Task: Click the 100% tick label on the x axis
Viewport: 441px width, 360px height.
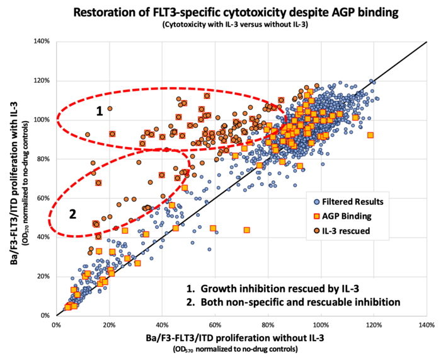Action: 321,325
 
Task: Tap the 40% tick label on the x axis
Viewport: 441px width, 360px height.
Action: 162,325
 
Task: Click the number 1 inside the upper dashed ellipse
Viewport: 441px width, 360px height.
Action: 99,112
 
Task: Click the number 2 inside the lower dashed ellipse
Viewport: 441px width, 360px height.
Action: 72,214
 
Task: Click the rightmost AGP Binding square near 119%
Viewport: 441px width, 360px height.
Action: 370,135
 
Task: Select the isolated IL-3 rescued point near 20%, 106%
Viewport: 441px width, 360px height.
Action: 110,108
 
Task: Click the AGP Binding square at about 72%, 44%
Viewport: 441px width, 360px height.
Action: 246,229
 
